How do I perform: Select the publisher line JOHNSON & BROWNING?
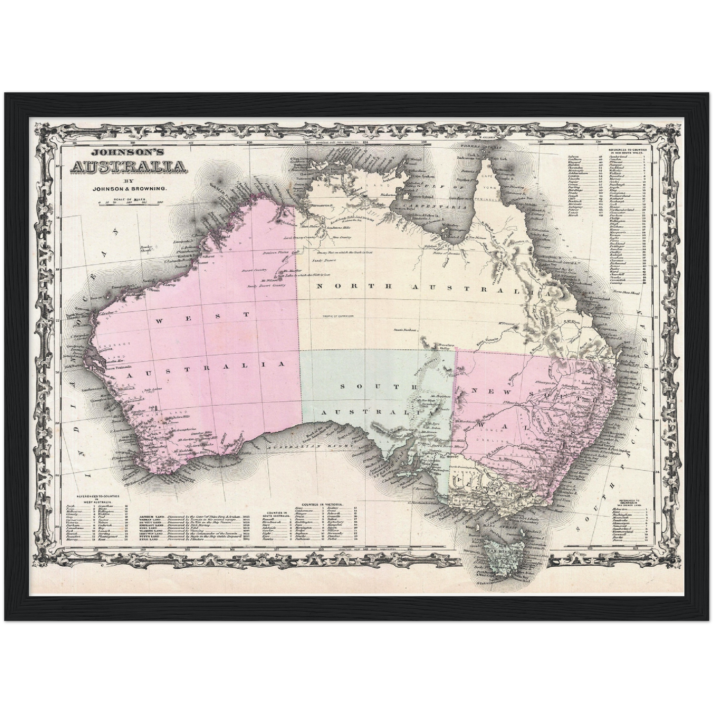tap(129, 188)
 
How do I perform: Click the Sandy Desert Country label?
tap(267, 285)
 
